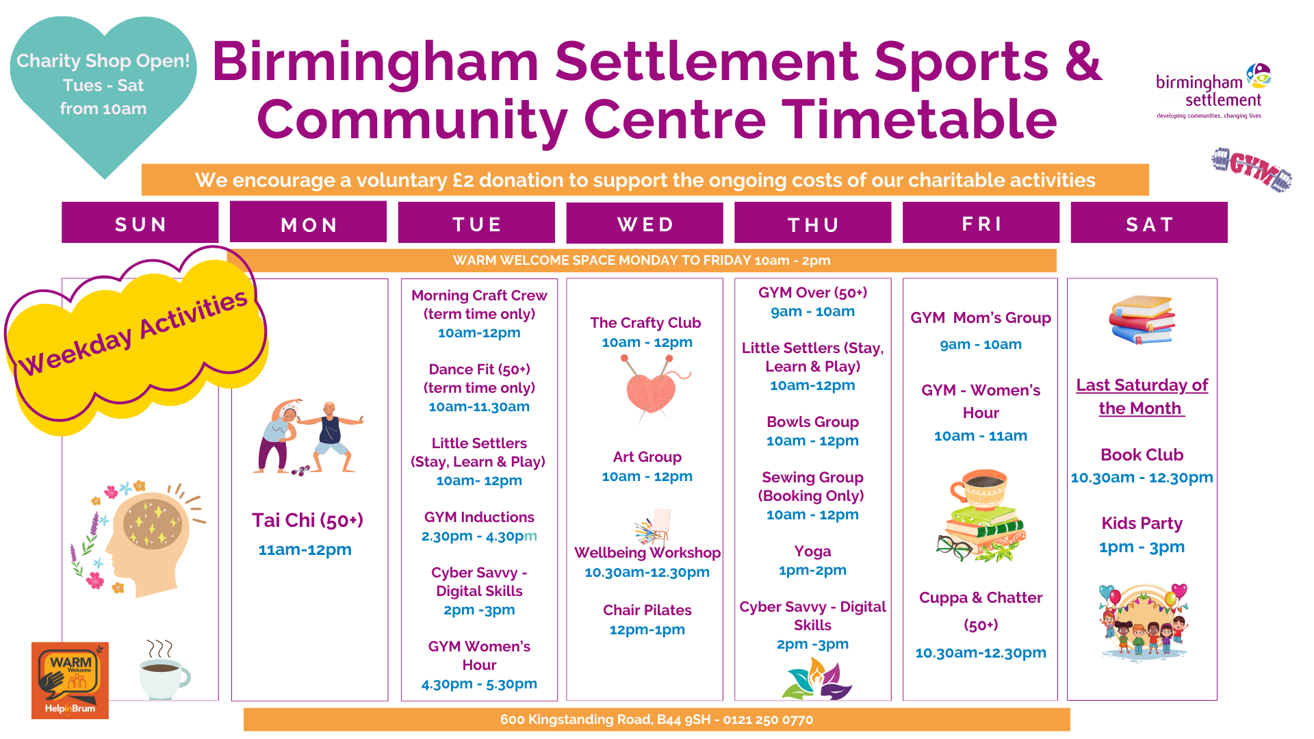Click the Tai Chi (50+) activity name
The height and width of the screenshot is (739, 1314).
307,520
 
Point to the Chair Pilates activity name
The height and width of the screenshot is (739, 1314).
647,610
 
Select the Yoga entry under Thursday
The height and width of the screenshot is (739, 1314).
812,552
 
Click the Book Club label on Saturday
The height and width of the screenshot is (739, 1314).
1142,454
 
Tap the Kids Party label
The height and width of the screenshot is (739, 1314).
1142,523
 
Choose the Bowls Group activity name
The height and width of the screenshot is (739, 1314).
812,422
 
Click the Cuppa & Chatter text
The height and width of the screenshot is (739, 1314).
981,597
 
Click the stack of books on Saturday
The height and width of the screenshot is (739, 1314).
1142,320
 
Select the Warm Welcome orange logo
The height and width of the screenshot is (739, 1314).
70,680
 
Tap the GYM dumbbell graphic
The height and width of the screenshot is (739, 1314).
1252,169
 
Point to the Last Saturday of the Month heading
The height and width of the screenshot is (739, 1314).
1142,396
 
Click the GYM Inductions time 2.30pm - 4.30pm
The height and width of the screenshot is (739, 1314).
479,536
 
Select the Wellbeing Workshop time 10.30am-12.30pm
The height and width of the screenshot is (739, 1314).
647,572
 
